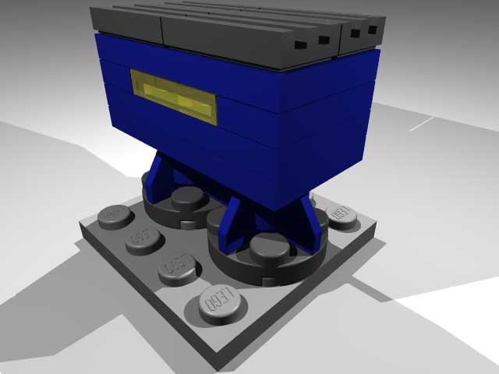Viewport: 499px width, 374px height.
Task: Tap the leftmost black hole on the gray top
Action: coord(299,45)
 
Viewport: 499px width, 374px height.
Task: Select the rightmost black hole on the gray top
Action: coord(373,30)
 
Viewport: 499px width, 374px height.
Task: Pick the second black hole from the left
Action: coord(323,40)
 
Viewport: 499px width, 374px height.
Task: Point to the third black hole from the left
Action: coord(356,34)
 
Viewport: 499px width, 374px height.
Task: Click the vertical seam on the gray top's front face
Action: coord(161,30)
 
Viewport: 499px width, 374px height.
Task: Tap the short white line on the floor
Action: coord(421,123)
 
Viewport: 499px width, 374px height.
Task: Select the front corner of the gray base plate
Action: coord(222,366)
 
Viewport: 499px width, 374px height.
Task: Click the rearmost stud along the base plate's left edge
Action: coord(116,213)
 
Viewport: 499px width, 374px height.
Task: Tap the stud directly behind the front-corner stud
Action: coord(178,265)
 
